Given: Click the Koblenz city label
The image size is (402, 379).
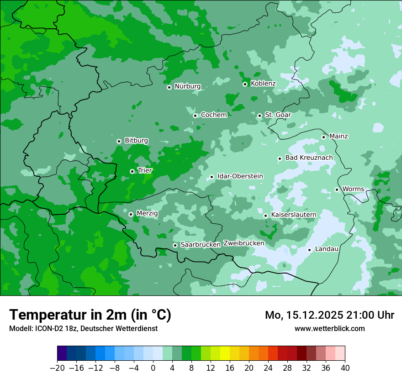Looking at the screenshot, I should (x=263, y=84).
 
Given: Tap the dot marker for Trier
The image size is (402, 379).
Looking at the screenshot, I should (x=132, y=171).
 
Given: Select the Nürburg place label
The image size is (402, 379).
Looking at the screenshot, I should (x=187, y=86).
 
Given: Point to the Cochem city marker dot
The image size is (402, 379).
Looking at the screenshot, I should (x=195, y=116).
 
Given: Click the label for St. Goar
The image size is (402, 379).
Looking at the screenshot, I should (x=278, y=115).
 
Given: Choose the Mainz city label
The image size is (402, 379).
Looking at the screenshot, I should (x=339, y=136).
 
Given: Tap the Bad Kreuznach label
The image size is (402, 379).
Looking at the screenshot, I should (x=309, y=158).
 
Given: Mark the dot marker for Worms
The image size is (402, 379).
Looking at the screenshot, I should (x=337, y=189).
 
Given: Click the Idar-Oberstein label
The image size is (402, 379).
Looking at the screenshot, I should (x=240, y=176).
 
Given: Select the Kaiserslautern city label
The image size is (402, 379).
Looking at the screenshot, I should (x=293, y=215).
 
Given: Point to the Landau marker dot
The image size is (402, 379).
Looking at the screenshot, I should (x=309, y=250).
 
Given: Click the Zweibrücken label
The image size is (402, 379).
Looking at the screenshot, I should (x=243, y=243).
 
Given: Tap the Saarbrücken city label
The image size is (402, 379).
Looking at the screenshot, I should (x=201, y=245).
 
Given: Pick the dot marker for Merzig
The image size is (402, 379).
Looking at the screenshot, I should (x=131, y=214).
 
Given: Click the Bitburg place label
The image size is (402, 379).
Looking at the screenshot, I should (x=136, y=141).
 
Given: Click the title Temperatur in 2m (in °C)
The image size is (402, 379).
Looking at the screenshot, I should (x=90, y=315).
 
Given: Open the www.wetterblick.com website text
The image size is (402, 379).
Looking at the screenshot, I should (x=329, y=328).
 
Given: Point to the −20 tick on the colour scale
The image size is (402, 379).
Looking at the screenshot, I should (x=57, y=368).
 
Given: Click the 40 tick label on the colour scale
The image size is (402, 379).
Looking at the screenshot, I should (x=345, y=368).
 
